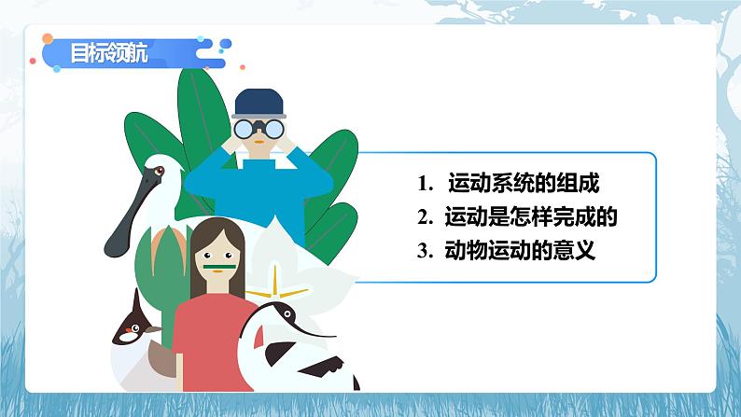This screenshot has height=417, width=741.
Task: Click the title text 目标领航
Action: point(106,53)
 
